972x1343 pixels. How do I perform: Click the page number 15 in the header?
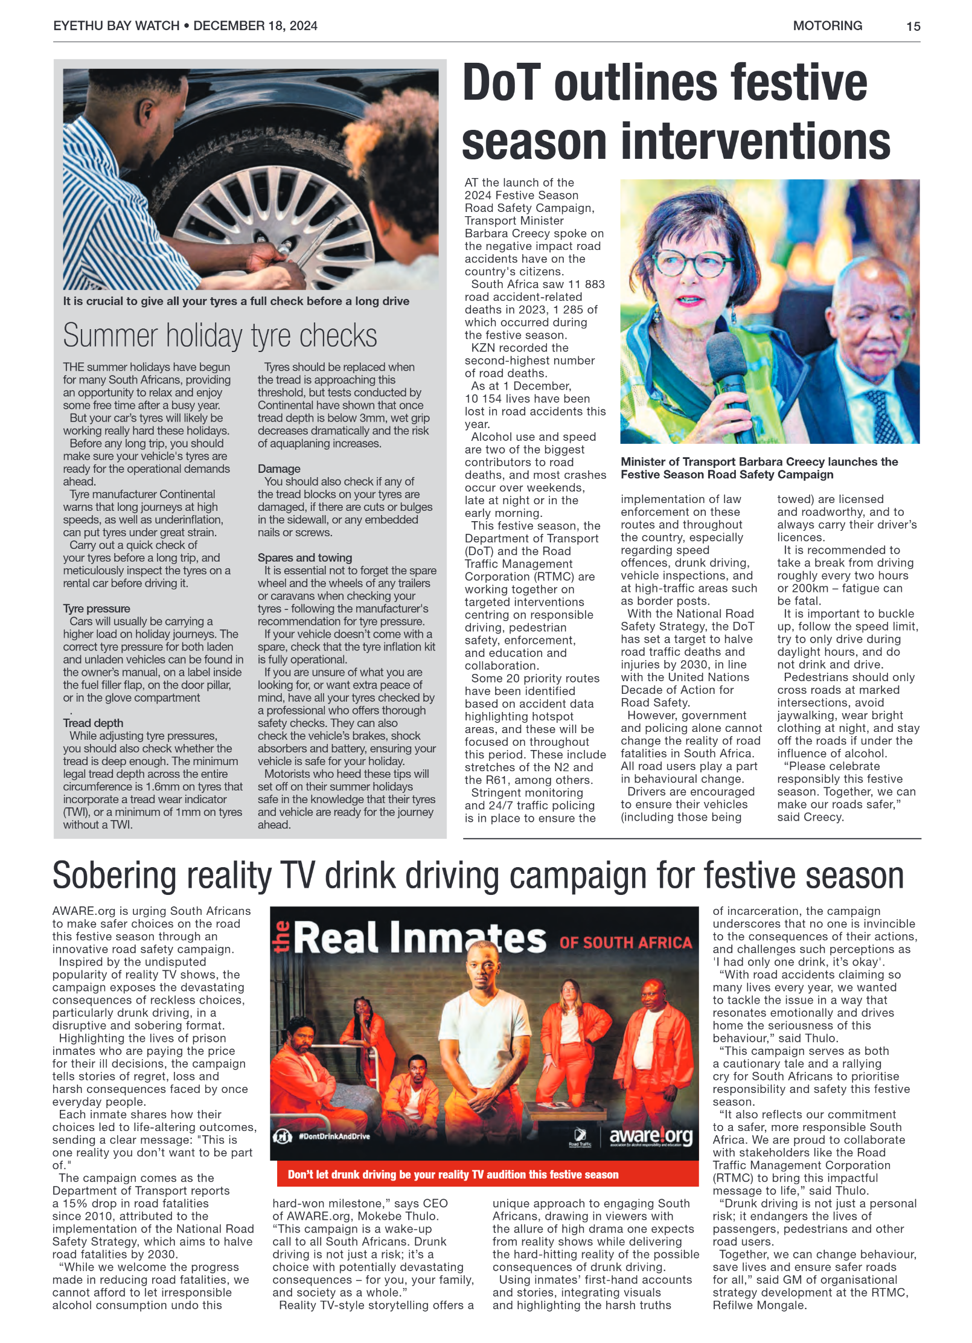coord(912,26)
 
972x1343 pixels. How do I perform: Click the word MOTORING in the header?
coord(827,25)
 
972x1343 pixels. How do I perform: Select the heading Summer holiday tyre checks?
coord(220,335)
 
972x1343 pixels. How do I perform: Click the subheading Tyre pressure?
coord(97,608)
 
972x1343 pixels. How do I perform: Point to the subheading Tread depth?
coord(93,722)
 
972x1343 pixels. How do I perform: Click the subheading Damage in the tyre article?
coord(279,469)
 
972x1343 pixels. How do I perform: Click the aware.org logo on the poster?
coord(651,1136)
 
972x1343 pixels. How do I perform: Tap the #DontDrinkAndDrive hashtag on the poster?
coord(334,1136)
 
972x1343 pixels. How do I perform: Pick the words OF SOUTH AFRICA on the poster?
coord(625,943)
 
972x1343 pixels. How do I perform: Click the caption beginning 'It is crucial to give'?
coord(236,301)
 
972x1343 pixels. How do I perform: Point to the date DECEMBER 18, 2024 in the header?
coord(255,25)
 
